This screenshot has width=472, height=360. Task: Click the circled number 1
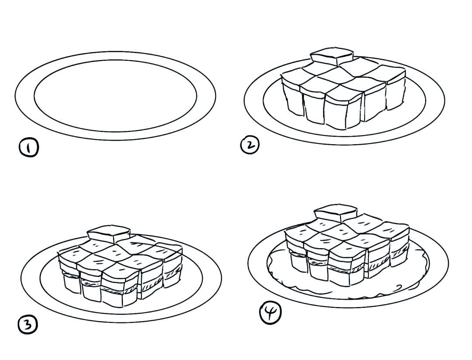pyautogui.click(x=29, y=148)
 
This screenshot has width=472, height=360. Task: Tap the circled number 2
pyautogui.click(x=250, y=145)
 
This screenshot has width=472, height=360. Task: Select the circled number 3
pyautogui.click(x=28, y=325)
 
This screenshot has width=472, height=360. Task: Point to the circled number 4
pyautogui.click(x=271, y=313)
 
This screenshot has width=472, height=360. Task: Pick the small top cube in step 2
pyautogui.click(x=332, y=57)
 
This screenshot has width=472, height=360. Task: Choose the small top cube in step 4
pyautogui.click(x=336, y=213)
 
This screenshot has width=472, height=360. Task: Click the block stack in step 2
pyautogui.click(x=343, y=90)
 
